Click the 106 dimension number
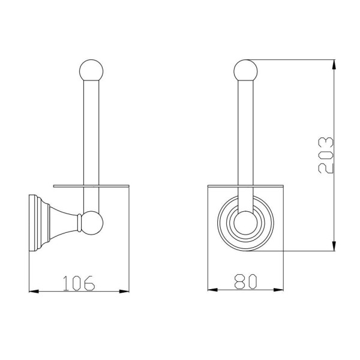pyautogui.click(x=79, y=283)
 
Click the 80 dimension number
pyautogui.click(x=245, y=281)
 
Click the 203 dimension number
pyautogui.click(x=326, y=155)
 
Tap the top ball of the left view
pyautogui.click(x=91, y=70)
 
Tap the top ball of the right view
pyautogui.click(x=245, y=70)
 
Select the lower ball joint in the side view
pyautogui.click(x=92, y=223)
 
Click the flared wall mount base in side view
pyautogui.click(x=53, y=223)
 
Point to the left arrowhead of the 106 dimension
pyautogui.click(x=34, y=292)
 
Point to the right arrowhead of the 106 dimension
pyautogui.click(x=124, y=292)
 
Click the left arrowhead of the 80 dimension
pyautogui.click(x=212, y=290)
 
